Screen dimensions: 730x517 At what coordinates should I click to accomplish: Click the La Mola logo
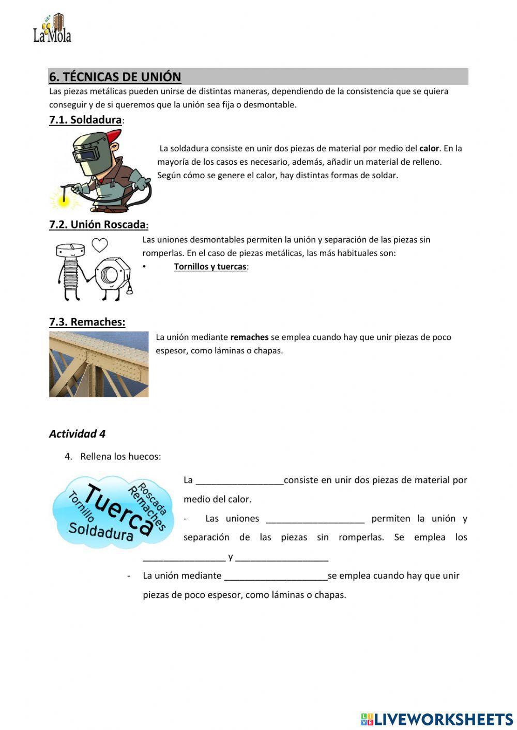click(52, 29)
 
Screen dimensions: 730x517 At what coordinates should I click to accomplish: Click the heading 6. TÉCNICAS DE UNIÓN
click(115, 77)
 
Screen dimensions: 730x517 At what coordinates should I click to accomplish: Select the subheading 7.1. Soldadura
click(85, 120)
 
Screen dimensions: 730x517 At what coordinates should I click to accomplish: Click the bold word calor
click(429, 148)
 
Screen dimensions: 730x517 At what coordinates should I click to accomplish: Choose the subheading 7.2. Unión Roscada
click(98, 225)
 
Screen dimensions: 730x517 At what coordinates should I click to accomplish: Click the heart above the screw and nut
click(99, 245)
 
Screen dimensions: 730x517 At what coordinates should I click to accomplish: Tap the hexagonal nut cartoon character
click(111, 275)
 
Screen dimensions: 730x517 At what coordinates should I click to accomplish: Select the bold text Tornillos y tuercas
click(210, 267)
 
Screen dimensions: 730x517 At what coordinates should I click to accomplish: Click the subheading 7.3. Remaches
click(87, 322)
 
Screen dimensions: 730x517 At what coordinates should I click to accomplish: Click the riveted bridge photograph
click(99, 364)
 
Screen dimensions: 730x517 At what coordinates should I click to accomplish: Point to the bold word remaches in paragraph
click(249, 337)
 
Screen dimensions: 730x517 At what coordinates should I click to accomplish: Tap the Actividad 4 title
click(77, 434)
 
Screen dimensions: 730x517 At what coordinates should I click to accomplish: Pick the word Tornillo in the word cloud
click(81, 506)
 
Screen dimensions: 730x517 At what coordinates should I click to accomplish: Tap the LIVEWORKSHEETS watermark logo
click(437, 719)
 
